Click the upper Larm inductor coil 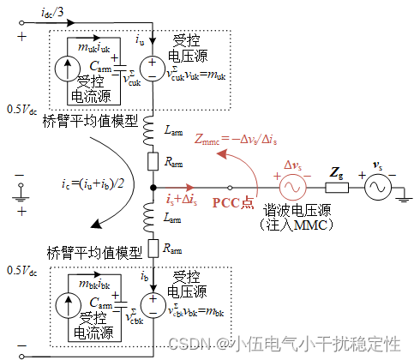152,129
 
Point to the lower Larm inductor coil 152,219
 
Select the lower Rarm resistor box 152,249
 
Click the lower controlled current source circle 65,302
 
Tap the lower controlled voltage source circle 152,302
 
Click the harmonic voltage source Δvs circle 292,187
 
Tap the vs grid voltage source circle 376,187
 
